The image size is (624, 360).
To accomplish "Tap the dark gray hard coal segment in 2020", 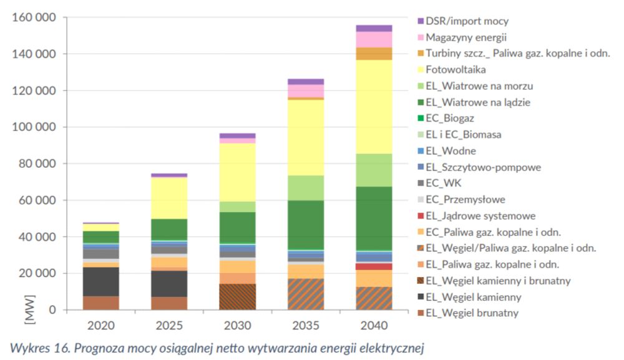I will tap(101, 281).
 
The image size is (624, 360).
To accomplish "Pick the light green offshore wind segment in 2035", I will tap(306, 188).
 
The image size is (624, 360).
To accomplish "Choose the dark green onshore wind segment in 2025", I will tap(169, 229).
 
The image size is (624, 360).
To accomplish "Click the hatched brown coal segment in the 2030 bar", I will tap(238, 296).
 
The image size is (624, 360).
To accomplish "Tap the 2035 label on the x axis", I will tap(306, 325).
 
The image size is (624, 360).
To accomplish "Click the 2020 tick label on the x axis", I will tap(101, 325).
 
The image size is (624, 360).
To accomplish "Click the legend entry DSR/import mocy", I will tap(467, 21).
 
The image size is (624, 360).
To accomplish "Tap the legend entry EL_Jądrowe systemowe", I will tap(480, 216).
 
